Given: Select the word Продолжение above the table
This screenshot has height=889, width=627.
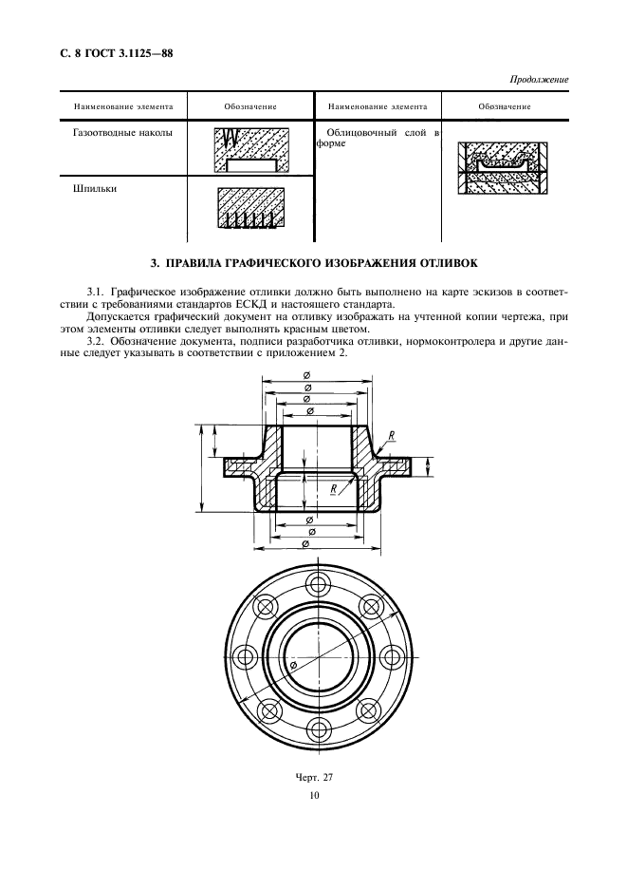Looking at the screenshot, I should point(540,80).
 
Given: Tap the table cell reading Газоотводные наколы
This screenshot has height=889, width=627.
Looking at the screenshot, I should point(122,134).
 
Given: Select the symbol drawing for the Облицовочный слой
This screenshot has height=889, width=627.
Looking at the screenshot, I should point(502,168).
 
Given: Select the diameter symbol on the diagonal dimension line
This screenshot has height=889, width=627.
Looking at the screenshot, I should point(294,669).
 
